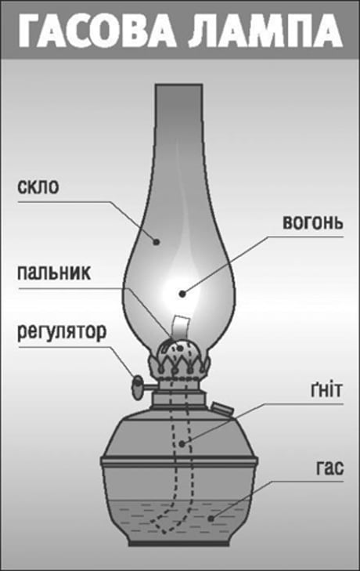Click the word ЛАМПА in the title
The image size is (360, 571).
(265, 31)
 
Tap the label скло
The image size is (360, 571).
(38, 187)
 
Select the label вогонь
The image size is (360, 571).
(313, 223)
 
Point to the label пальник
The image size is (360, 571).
(54, 273)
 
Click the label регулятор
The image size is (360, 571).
(62, 332)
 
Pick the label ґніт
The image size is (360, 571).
(326, 390)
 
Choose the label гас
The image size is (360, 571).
(329, 468)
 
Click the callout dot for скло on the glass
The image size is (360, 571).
(157, 241)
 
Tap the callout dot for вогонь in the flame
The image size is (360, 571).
(182, 294)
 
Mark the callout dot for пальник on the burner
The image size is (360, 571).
(179, 349)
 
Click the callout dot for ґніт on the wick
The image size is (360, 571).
(182, 444)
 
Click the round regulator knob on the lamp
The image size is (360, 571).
(137, 388)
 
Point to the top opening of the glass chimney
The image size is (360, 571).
(178, 85)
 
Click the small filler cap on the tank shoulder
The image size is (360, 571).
(222, 408)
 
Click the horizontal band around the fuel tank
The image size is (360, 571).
(179, 461)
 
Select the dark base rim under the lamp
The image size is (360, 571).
(178, 544)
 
